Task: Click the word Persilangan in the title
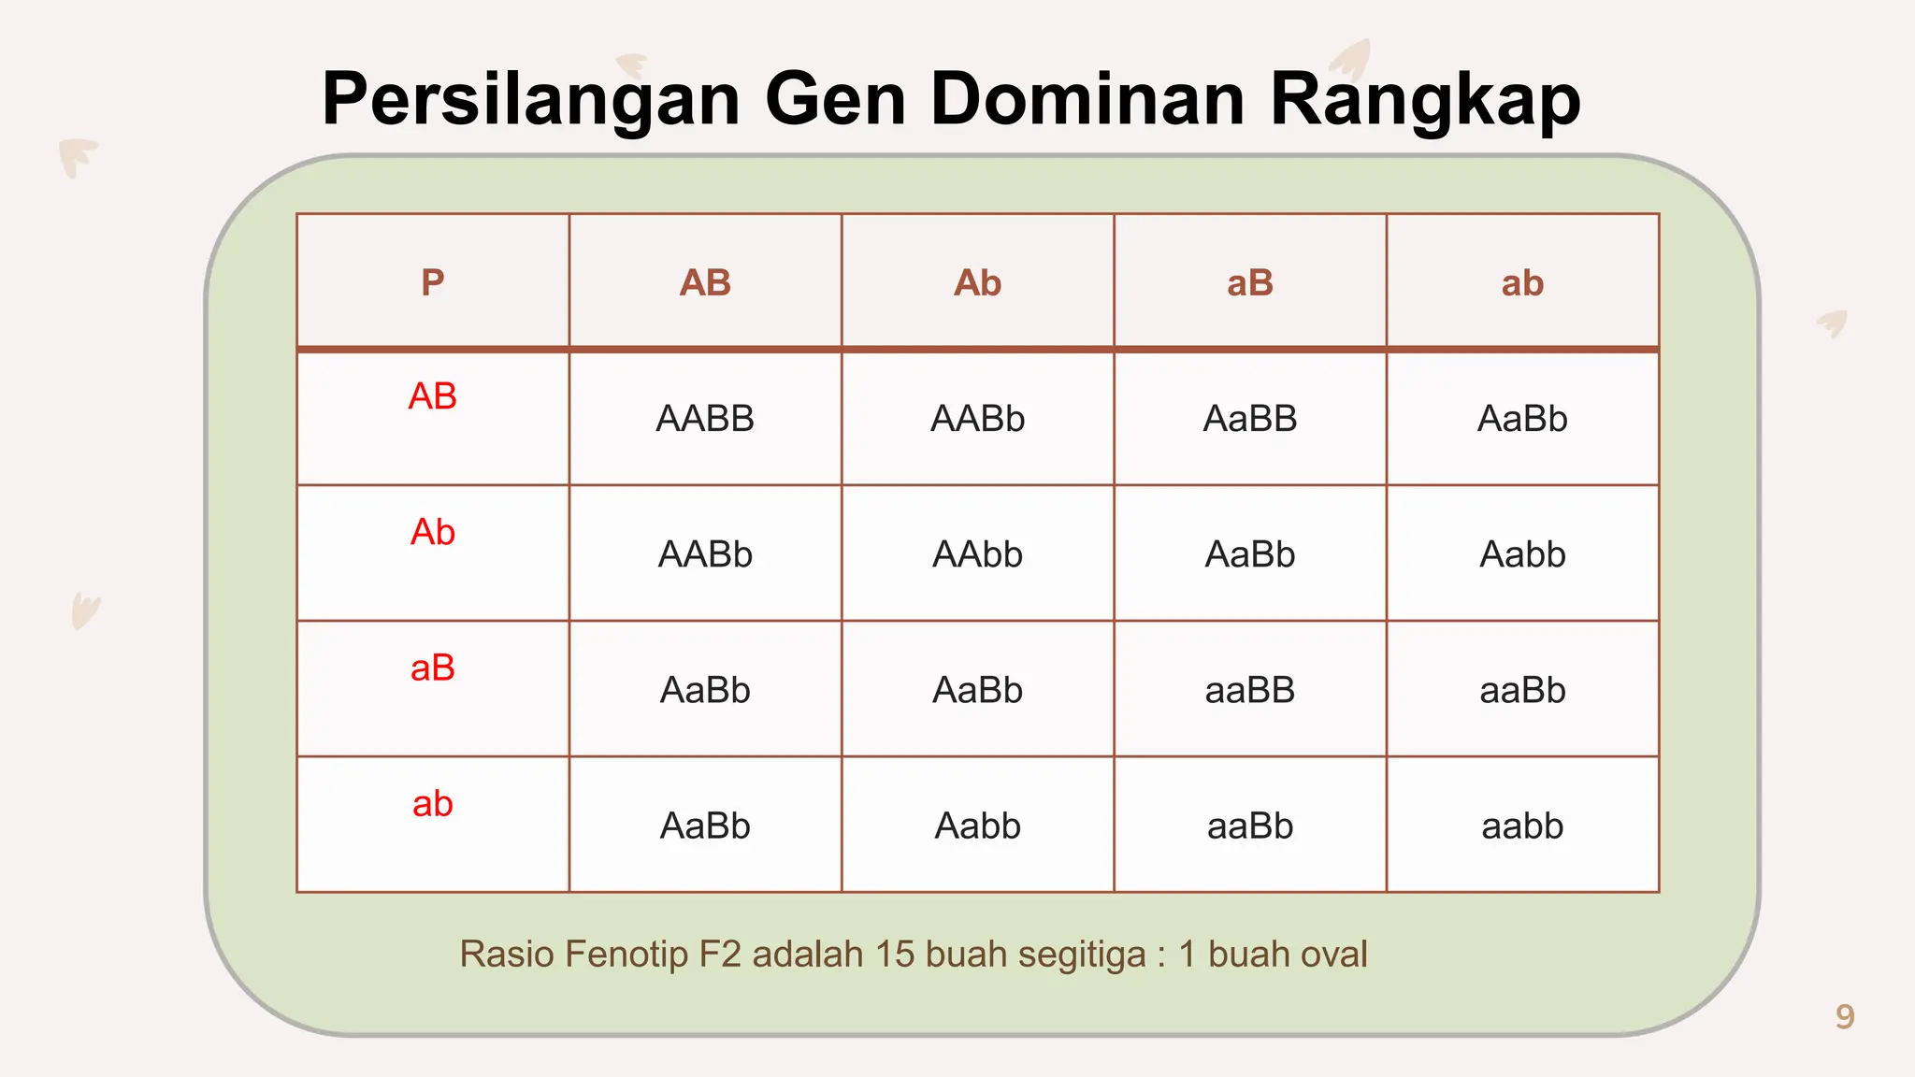(530, 99)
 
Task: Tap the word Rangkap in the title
(1424, 99)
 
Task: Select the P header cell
(432, 282)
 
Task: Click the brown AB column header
(705, 282)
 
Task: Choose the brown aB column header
(1250, 282)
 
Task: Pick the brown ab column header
(1522, 282)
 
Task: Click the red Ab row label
(432, 532)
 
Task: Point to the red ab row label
(432, 804)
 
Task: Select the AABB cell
(705, 419)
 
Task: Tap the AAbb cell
(977, 554)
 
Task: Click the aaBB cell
(1250, 690)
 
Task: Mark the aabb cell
(1522, 826)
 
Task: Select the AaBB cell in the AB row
(1250, 419)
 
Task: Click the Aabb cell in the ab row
(977, 826)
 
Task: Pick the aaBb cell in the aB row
(1522, 690)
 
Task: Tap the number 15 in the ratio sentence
(894, 955)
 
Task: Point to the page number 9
(1844, 1016)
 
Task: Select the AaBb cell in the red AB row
(1522, 419)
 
